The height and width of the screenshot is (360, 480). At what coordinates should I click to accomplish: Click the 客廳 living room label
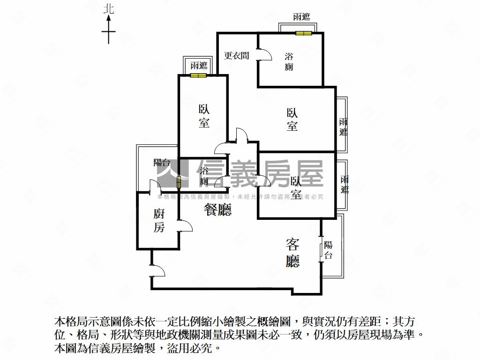[292, 253]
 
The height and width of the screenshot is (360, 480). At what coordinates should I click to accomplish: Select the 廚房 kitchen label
[159, 221]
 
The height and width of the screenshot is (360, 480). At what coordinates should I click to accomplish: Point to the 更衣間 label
[236, 55]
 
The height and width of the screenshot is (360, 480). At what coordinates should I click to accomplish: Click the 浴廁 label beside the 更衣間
[289, 61]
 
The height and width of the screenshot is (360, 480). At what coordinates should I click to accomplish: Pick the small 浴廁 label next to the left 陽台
[204, 176]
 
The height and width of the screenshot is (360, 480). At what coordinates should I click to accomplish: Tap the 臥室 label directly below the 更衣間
[292, 120]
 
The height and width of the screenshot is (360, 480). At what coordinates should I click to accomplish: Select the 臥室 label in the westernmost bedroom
[204, 116]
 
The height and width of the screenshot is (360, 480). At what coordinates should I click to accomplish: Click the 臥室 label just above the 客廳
[296, 187]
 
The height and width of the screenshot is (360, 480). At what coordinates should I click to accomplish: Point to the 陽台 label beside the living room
[328, 250]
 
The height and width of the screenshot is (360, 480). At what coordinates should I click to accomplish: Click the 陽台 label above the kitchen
[161, 163]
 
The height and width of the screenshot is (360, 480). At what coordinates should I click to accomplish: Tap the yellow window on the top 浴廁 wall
[303, 33]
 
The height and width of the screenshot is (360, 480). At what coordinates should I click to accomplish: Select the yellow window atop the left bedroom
[199, 75]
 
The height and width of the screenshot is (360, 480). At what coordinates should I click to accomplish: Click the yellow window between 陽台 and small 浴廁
[179, 182]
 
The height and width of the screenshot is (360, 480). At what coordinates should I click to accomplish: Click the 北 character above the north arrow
[109, 8]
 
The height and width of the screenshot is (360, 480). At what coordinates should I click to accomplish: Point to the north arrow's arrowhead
[109, 18]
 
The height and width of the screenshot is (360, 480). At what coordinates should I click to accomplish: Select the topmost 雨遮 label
[301, 17]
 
